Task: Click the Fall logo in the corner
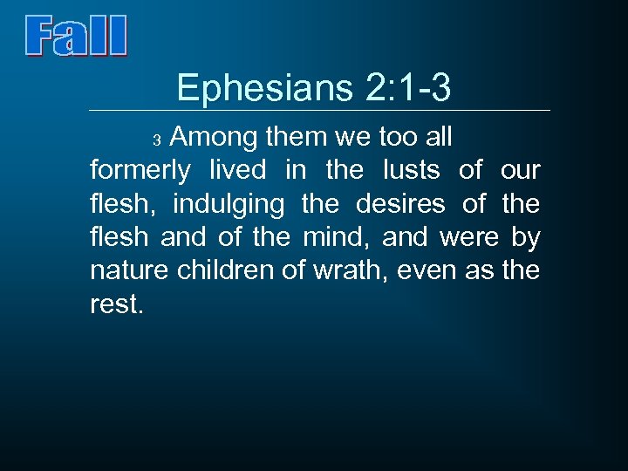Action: pyautogui.click(x=76, y=36)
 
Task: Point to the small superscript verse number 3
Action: pyautogui.click(x=158, y=140)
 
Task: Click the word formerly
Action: pyautogui.click(x=140, y=170)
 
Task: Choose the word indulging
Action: pyautogui.click(x=229, y=204)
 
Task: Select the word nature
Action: pyautogui.click(x=130, y=271)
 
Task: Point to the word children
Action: pyautogui.click(x=228, y=271)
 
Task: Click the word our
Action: pyautogui.click(x=521, y=170)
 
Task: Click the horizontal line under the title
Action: pyautogui.click(x=320, y=111)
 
